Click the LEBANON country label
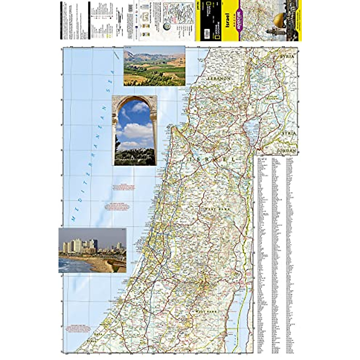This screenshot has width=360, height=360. [x=220, y=78]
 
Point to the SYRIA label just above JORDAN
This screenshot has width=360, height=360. [x=288, y=133]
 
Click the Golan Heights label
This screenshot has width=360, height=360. [x=273, y=99]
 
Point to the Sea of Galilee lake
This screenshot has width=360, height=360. [x=250, y=130]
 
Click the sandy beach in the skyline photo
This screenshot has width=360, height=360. [x=96, y=264]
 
